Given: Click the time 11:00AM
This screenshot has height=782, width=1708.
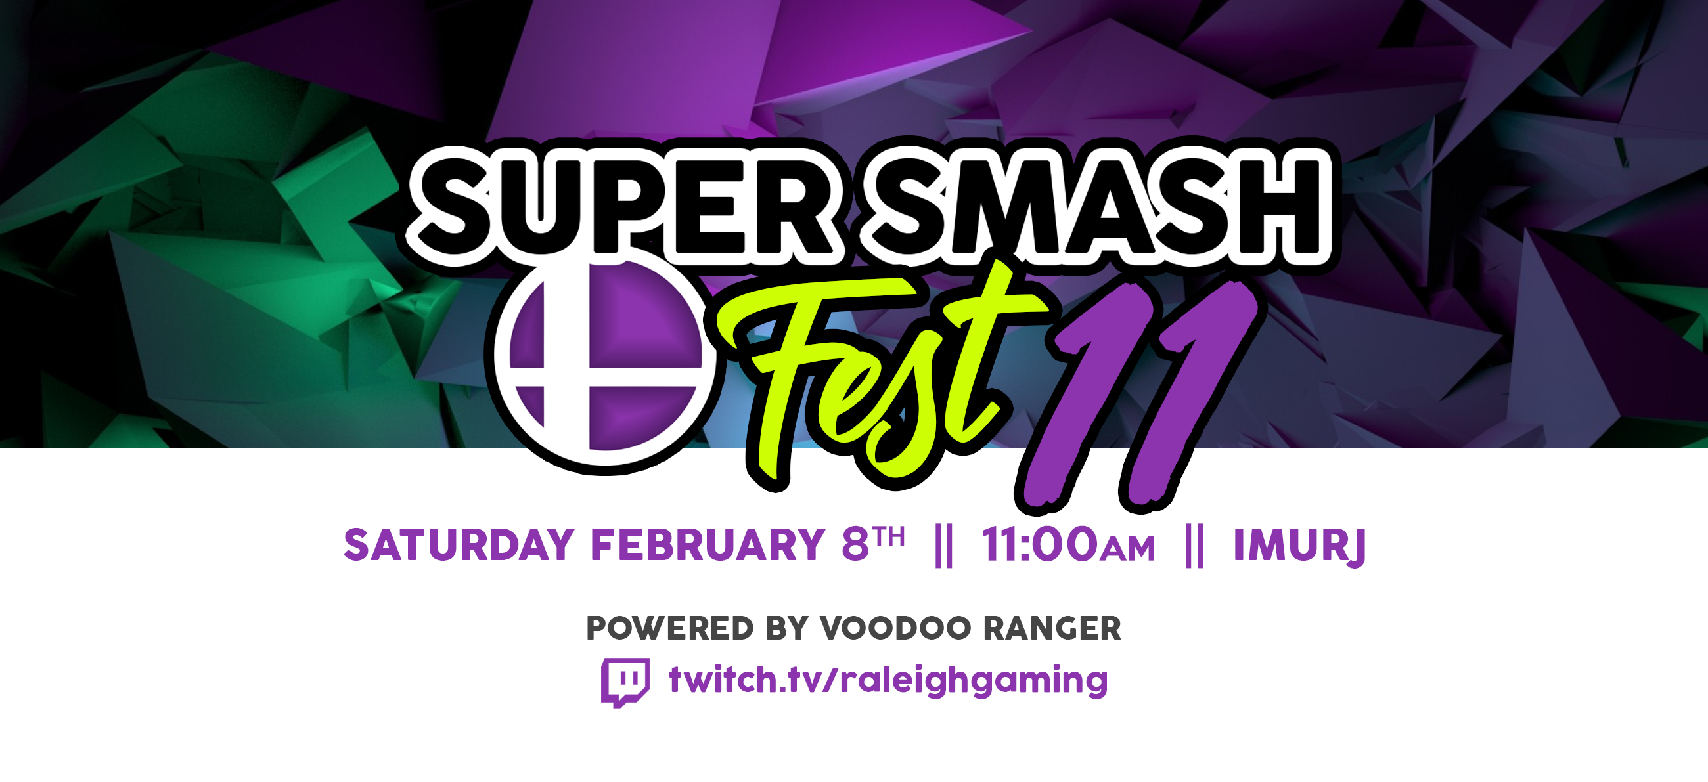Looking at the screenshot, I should tap(1068, 546).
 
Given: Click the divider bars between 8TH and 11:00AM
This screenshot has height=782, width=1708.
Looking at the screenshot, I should tap(943, 546).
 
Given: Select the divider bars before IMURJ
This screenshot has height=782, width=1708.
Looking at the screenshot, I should tap(1194, 546).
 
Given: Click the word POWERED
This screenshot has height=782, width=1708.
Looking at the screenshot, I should tap(669, 628).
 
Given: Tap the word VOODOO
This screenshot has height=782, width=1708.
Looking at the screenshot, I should tap(896, 628).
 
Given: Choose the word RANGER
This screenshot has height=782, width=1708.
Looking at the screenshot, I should tap(1052, 628).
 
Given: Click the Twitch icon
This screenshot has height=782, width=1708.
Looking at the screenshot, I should tap(625, 682).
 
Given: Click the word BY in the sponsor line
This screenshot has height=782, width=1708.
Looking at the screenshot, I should tap(787, 628).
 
